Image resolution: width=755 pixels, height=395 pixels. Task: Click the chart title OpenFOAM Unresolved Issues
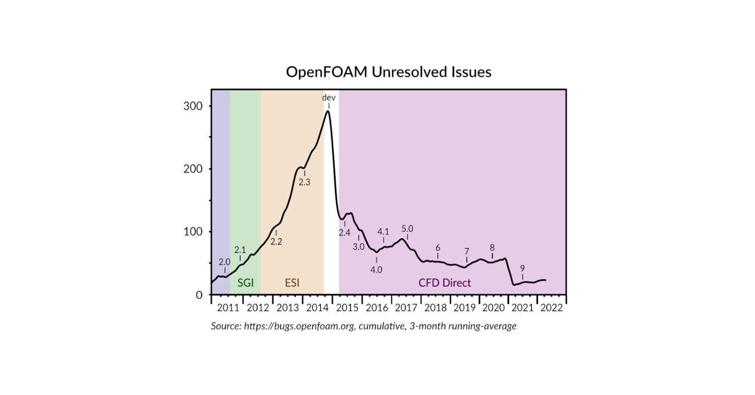[389, 72]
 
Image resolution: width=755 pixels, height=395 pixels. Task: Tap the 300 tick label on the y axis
[193, 106]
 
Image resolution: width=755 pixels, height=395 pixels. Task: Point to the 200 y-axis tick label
[193, 169]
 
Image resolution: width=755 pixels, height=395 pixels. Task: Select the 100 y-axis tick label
[193, 232]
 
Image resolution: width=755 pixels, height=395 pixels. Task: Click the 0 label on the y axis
[199, 295]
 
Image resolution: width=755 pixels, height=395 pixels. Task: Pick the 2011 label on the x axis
[228, 308]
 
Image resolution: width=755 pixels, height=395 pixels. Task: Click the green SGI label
[246, 283]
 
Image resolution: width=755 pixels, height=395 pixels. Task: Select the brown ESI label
[292, 283]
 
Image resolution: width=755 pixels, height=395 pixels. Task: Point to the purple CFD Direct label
[445, 283]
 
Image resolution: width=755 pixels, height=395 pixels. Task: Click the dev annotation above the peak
[329, 98]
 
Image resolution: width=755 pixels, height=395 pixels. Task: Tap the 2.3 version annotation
[305, 183]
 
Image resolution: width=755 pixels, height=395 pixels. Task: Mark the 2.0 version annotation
[224, 262]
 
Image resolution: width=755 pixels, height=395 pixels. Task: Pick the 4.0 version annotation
[376, 270]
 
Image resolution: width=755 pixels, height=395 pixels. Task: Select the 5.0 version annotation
[407, 229]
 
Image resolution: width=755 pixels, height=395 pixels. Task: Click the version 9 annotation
[522, 268]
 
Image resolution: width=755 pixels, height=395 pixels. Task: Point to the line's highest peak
[328, 111]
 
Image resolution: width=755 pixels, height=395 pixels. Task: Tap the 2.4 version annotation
[344, 232]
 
